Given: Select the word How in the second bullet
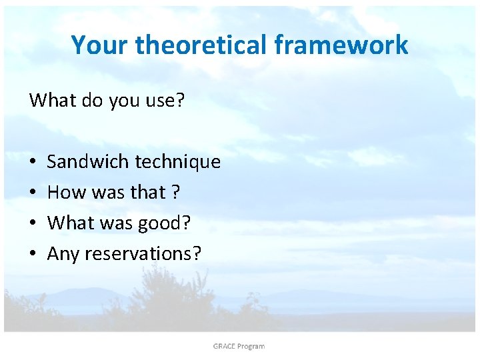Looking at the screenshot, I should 63,193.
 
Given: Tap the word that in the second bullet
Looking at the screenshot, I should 147,193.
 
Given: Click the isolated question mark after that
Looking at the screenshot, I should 175,193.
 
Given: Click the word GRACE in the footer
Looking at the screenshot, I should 225,346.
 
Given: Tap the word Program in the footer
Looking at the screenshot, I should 252,346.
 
